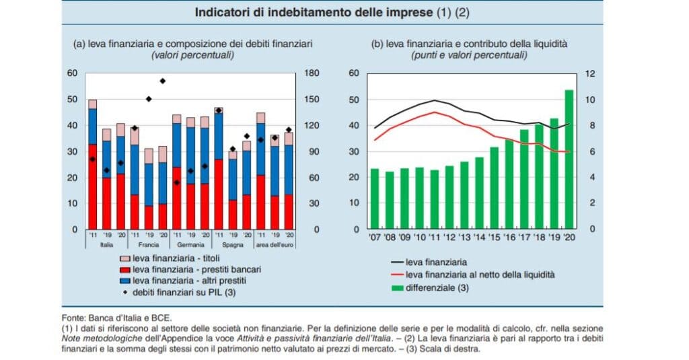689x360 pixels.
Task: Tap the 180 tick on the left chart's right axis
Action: [x=311, y=73]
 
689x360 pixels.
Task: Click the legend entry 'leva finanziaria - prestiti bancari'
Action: [x=196, y=269]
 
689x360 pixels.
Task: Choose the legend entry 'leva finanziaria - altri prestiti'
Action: [x=191, y=280]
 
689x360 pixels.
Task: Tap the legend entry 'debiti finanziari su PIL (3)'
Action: [x=184, y=291]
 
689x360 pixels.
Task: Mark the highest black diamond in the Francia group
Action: [x=163, y=81]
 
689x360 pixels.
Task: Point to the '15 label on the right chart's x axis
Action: [x=495, y=238]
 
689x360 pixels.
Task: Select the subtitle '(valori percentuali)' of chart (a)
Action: [x=193, y=55]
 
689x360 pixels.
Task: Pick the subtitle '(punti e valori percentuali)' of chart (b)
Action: [x=469, y=55]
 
